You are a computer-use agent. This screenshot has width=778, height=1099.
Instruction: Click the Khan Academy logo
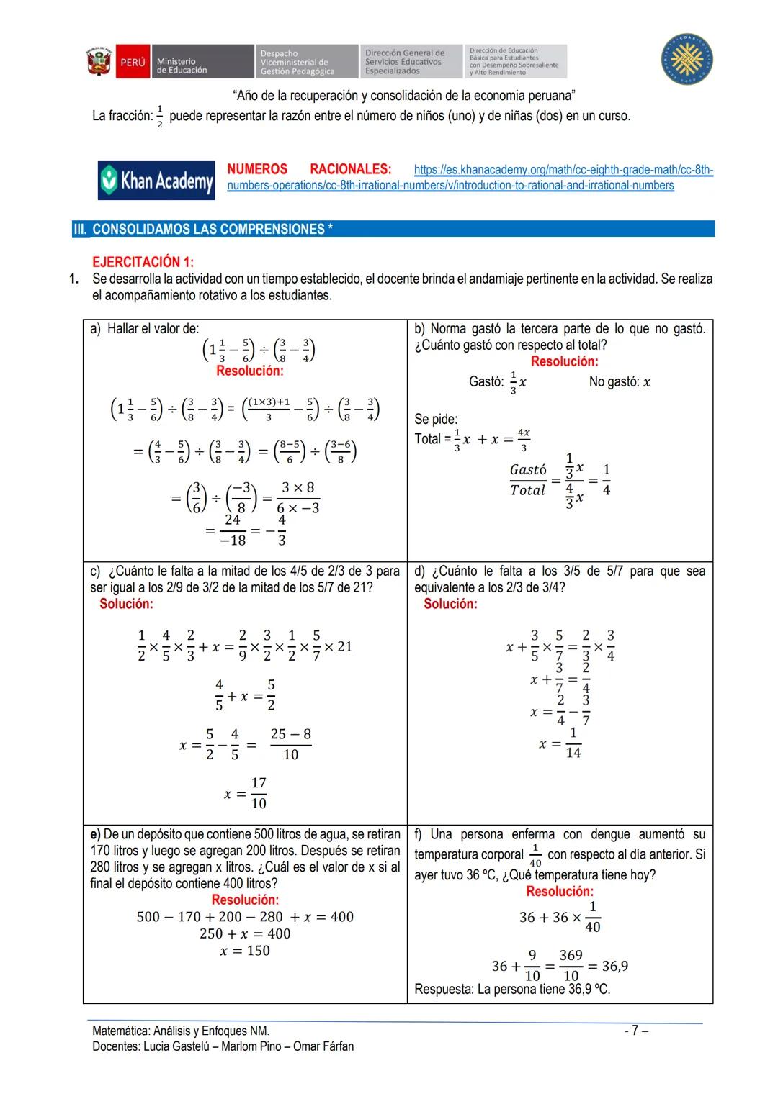click(156, 180)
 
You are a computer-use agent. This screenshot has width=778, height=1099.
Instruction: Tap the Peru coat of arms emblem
click(99, 62)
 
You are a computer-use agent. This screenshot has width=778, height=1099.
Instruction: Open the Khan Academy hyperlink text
click(470, 178)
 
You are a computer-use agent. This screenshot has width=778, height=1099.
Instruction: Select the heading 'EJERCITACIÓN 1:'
click(143, 262)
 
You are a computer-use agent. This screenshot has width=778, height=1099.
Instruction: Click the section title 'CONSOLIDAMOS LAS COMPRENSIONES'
click(212, 230)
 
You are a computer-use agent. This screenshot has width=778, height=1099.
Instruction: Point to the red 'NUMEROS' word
click(257, 169)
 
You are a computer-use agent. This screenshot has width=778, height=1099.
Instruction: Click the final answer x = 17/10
click(246, 793)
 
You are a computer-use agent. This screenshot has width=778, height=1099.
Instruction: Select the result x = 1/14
click(561, 743)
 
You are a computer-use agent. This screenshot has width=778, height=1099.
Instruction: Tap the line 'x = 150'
click(245, 951)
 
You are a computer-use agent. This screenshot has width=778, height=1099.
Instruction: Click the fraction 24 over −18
click(233, 530)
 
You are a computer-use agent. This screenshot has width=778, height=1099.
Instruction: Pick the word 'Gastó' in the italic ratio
click(528, 470)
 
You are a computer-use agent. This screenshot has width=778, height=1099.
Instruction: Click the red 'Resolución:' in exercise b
click(564, 361)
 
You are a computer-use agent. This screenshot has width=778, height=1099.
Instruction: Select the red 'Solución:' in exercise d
click(450, 604)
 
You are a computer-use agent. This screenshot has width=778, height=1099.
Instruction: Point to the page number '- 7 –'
click(636, 1031)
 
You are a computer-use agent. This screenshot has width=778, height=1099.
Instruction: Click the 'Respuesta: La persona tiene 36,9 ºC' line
click(512, 990)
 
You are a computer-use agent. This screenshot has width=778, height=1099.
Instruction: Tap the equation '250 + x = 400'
click(245, 933)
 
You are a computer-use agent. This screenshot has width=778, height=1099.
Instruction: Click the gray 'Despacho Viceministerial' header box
click(308, 62)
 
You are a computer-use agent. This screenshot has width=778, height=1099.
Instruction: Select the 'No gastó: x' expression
click(620, 382)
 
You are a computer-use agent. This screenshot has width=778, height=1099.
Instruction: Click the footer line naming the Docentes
click(223, 1046)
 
